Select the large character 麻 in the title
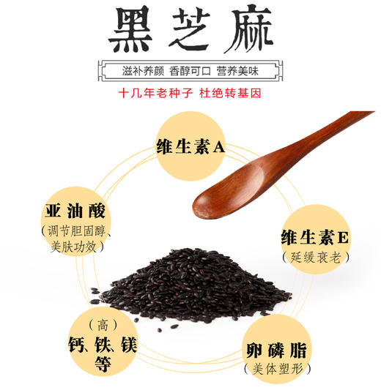249,31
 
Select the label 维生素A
190,146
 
